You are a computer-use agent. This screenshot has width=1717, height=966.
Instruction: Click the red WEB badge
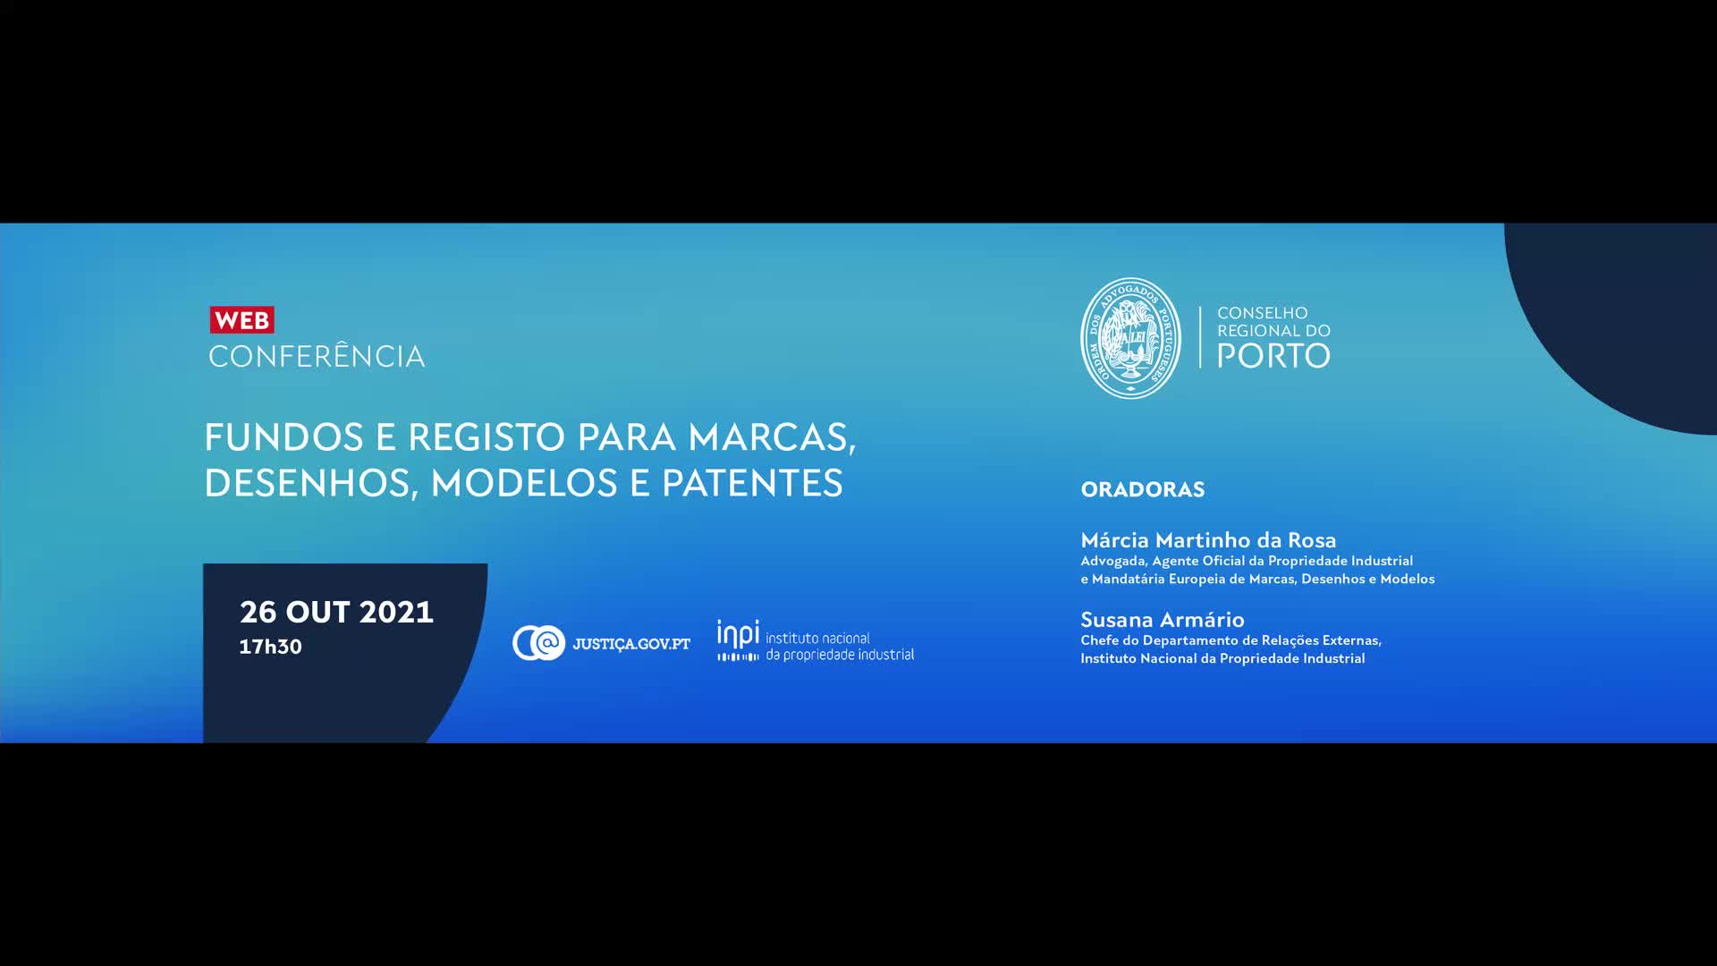(241, 320)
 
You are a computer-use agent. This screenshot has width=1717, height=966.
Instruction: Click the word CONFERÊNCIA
(317, 356)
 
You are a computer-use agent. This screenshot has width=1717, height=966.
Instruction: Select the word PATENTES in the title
(752, 483)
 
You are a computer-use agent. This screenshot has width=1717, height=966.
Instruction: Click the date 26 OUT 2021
(336, 612)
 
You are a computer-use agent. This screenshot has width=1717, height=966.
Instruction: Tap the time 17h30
(270, 647)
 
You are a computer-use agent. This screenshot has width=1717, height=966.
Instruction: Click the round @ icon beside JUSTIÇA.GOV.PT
(538, 643)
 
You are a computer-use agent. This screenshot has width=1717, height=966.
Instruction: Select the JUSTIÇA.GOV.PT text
(631, 644)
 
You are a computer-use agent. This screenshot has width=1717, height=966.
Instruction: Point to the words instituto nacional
(817, 638)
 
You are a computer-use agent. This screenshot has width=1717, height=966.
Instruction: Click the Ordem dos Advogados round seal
(1130, 338)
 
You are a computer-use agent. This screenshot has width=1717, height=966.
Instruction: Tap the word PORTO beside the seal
(1273, 356)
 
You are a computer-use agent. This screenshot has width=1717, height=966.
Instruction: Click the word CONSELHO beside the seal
(1262, 313)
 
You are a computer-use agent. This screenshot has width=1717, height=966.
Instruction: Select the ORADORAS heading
(1142, 489)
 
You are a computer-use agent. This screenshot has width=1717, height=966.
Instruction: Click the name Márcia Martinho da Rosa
(1208, 540)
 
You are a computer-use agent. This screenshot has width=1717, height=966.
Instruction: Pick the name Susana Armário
(1162, 620)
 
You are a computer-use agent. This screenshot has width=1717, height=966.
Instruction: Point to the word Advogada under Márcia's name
(1113, 562)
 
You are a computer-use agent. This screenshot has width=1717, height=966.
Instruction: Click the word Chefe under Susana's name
(1100, 640)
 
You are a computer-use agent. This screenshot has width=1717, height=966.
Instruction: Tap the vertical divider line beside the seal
(1199, 337)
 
